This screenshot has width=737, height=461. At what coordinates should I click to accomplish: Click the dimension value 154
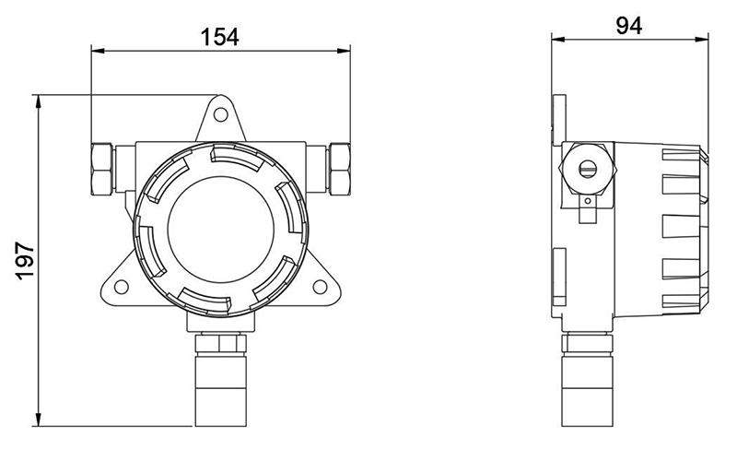220,36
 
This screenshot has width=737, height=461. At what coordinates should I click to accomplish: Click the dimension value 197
25,261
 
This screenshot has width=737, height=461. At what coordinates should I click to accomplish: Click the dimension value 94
629,26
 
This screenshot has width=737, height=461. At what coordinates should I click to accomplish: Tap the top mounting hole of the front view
220,114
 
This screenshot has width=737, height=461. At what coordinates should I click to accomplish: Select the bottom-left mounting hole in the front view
122,287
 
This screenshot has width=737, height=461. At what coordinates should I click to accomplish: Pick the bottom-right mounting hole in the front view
320,287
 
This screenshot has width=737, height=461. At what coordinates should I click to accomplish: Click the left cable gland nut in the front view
102,169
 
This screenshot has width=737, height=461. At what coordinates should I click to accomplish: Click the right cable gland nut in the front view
339,169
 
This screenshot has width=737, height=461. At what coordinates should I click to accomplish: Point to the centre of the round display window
220,229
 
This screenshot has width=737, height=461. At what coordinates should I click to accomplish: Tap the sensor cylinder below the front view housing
220,391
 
